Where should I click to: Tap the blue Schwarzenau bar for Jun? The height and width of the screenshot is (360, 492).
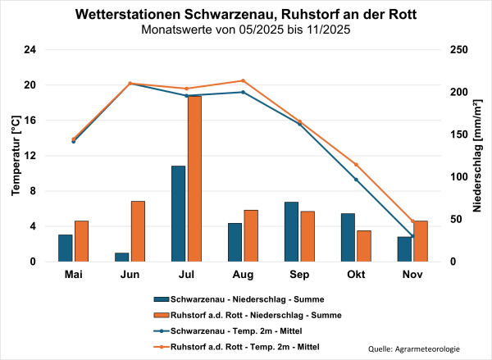(121, 257)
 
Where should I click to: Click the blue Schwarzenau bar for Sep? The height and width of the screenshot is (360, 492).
(291, 231)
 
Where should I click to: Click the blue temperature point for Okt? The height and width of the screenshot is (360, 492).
(356, 179)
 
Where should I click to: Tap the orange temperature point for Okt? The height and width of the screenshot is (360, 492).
(356, 164)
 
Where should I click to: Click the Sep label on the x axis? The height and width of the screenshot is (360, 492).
(299, 274)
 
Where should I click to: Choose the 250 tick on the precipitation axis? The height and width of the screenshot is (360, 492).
(459, 50)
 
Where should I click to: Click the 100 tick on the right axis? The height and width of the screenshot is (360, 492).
(459, 177)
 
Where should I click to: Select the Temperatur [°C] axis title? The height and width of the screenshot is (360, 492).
(15, 156)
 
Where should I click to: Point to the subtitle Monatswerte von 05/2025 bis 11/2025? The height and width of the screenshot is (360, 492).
(246, 30)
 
